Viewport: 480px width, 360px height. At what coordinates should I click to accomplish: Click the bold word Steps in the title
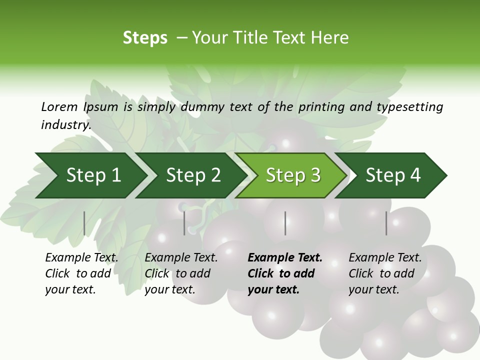point(145,38)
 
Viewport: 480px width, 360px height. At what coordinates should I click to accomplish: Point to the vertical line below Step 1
point(84,223)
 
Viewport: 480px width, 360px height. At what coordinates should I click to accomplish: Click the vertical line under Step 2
point(184,223)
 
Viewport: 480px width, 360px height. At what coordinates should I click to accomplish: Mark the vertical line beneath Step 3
point(285,223)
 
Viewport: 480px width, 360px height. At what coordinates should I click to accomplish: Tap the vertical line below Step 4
point(386,223)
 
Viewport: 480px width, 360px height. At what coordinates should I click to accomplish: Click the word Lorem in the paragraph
point(59,106)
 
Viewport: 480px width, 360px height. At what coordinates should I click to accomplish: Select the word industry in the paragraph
point(65,125)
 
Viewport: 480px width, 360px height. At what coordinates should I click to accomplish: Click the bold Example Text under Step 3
point(285,257)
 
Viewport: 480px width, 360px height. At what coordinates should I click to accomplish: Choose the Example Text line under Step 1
point(81,257)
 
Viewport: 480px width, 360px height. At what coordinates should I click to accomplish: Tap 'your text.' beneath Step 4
point(373,289)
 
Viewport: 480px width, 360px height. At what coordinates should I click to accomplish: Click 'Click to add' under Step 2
point(177,273)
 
